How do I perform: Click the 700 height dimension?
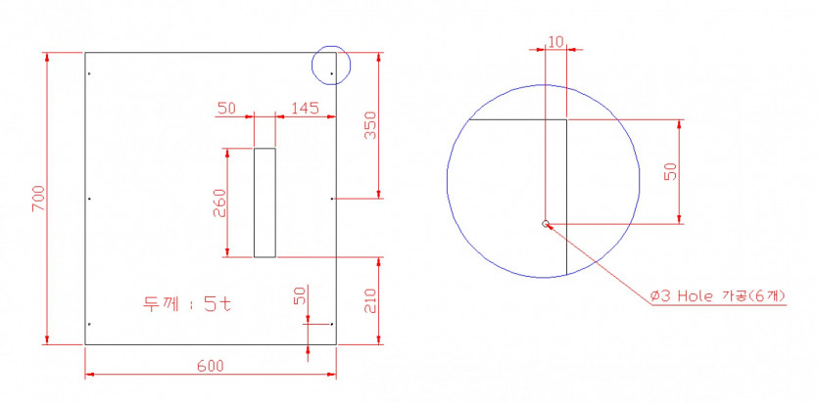click(38, 199)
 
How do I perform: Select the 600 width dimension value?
click(211, 366)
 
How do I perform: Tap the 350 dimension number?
click(370, 125)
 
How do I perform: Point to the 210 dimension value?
click(370, 301)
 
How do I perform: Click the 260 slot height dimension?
click(219, 202)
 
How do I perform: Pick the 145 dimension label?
click(305, 109)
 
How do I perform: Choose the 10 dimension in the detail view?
click(556, 42)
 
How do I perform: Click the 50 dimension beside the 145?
click(226, 109)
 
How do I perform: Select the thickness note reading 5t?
click(187, 304)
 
